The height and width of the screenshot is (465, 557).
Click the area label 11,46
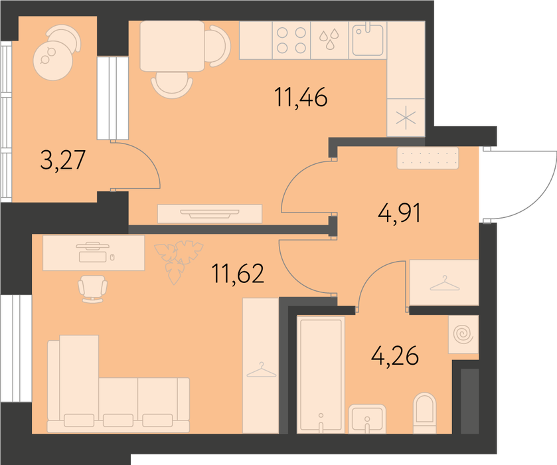[301, 98]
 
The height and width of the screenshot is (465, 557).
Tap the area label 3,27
[63, 160]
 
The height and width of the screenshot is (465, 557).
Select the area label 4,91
[400, 213]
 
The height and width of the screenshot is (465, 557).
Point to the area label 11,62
[238, 274]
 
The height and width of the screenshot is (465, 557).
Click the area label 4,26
[395, 355]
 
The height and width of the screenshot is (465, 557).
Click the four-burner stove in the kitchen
[291, 40]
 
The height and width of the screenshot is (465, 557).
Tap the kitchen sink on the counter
[368, 40]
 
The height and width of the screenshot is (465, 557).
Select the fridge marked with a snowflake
[406, 118]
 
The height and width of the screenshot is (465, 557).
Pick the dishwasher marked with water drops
[330, 40]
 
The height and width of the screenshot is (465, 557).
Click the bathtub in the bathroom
[321, 375]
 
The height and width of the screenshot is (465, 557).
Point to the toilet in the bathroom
[425, 413]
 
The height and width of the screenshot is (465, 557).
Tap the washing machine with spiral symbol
[463, 335]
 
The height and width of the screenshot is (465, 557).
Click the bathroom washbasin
[367, 418]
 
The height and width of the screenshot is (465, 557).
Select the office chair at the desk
[93, 289]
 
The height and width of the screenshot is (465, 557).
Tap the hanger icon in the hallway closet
[443, 284]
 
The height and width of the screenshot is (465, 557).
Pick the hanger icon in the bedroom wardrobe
[261, 370]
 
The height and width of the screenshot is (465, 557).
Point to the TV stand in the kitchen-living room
[210, 213]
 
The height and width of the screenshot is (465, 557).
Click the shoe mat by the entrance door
[428, 158]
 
